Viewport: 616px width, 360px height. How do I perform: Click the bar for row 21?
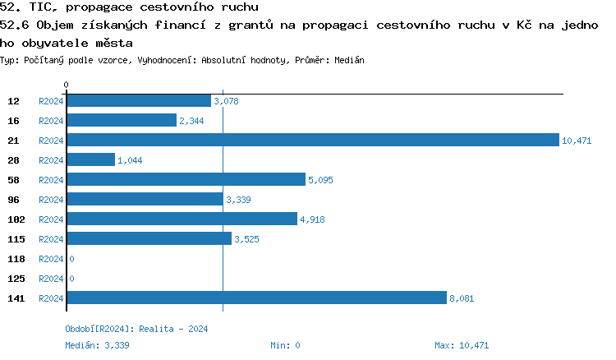click(x=312, y=141)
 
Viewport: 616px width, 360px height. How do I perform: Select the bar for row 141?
click(x=256, y=298)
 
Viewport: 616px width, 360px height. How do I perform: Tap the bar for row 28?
click(x=90, y=160)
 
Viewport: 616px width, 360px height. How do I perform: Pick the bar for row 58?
click(x=186, y=180)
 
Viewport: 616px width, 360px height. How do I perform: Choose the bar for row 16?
click(x=121, y=121)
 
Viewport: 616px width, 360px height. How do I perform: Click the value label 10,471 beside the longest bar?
click(x=577, y=141)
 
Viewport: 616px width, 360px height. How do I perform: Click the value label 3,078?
click(x=226, y=101)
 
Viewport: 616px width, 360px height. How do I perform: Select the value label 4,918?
click(x=312, y=219)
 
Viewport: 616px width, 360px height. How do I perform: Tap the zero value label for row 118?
click(x=72, y=259)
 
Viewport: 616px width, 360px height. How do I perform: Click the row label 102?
click(x=16, y=219)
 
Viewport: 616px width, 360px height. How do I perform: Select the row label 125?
click(x=16, y=279)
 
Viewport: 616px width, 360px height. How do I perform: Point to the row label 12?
click(x=13, y=101)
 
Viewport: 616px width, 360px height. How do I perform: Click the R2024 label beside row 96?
click(x=51, y=200)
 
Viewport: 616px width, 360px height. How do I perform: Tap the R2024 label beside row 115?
click(x=51, y=239)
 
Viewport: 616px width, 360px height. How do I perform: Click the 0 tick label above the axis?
click(x=66, y=85)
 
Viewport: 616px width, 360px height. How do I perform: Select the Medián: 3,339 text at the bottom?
click(x=97, y=345)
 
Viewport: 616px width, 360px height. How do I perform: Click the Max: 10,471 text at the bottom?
click(x=462, y=345)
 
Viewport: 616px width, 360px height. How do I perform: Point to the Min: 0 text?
click(x=285, y=345)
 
